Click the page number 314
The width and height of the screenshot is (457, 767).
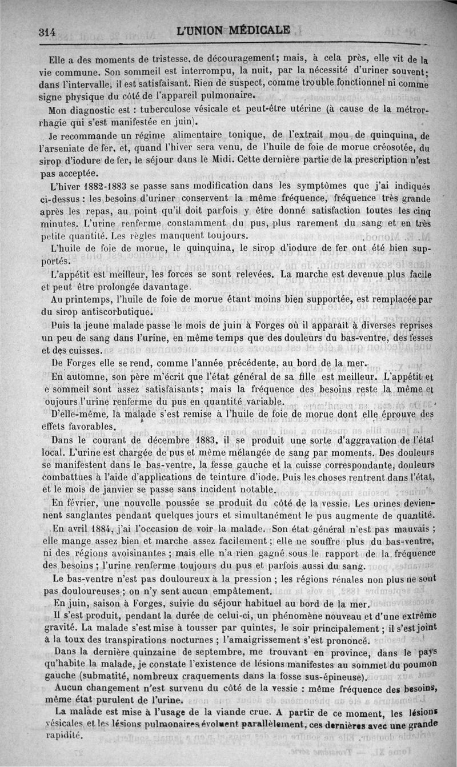point(46,33)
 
